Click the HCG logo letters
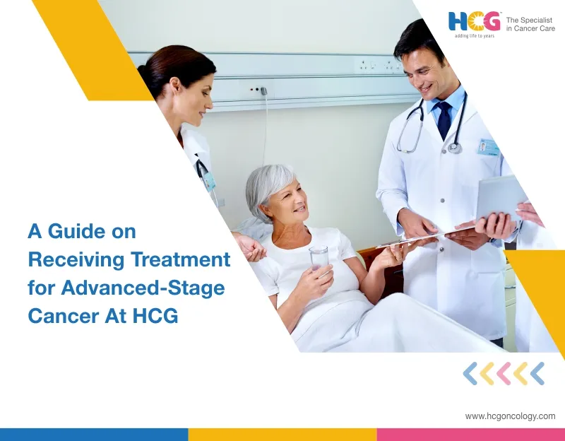pyautogui.click(x=474, y=21)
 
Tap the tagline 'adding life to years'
pyautogui.click(x=475, y=35)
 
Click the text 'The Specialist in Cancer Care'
pyautogui.click(x=530, y=24)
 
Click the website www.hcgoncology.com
pyautogui.click(x=510, y=416)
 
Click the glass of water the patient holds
pyautogui.click(x=319, y=258)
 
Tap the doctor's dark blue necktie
pyautogui.click(x=444, y=119)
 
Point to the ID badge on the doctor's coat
pyautogui.click(x=489, y=147)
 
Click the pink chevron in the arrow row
pyautogui.click(x=504, y=373)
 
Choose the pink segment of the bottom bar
pyautogui.click(x=470, y=434)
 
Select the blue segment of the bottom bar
pyautogui.click(x=94, y=434)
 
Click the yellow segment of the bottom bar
pyautogui.click(x=282, y=434)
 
